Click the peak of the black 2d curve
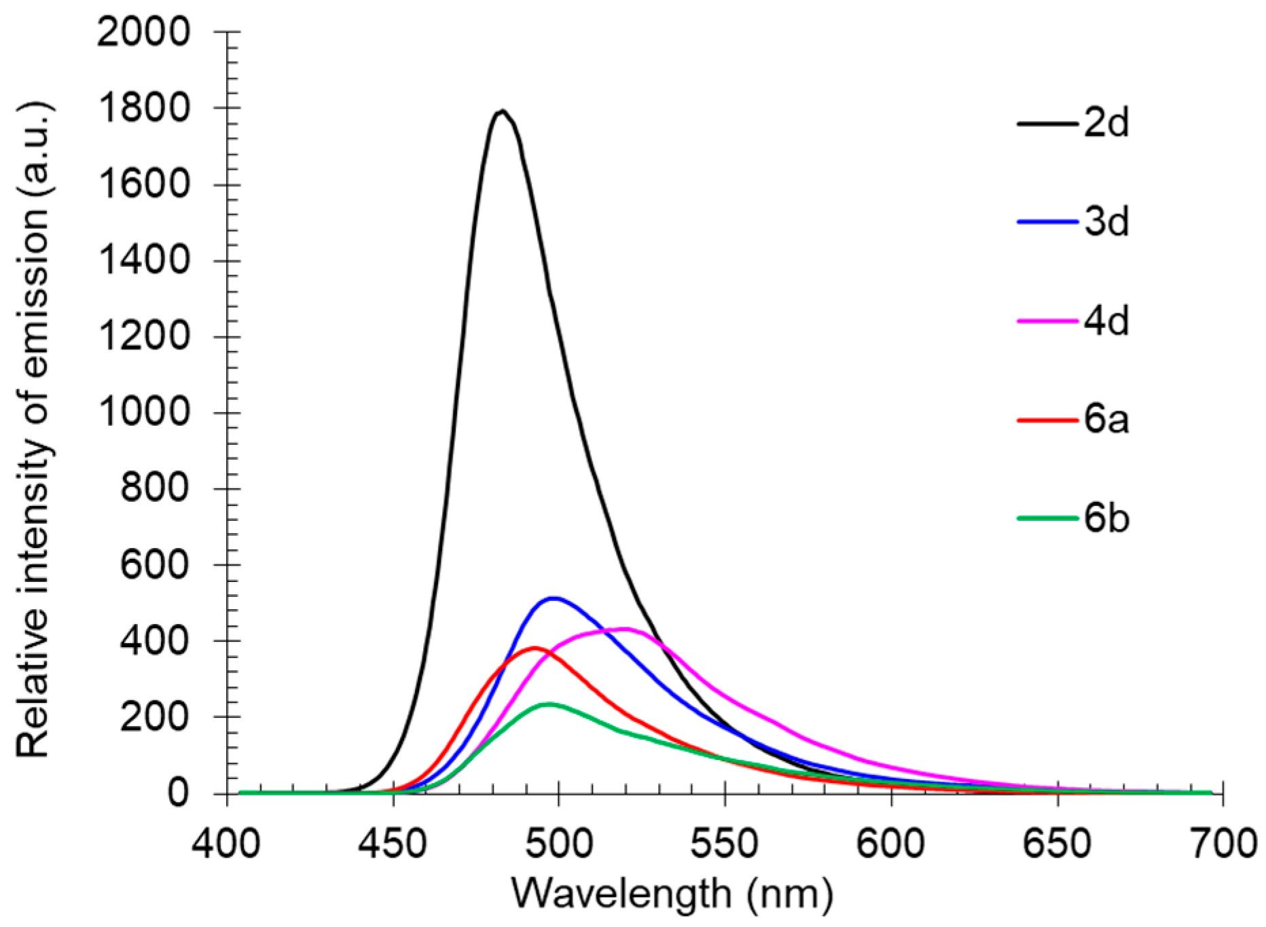click(x=502, y=111)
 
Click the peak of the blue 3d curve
click(x=554, y=598)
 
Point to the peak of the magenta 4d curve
click(x=625, y=629)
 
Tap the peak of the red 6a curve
click(x=534, y=648)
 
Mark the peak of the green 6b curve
click(x=549, y=704)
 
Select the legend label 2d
click(x=1106, y=124)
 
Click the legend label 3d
click(x=1106, y=222)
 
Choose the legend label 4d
click(x=1106, y=321)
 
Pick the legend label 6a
click(x=1106, y=420)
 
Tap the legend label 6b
click(x=1106, y=519)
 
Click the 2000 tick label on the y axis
click(x=143, y=32)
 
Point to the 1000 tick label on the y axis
click(x=143, y=412)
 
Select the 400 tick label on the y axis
click(x=155, y=640)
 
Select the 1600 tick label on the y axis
click(x=143, y=184)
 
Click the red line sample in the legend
click(x=1047, y=420)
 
